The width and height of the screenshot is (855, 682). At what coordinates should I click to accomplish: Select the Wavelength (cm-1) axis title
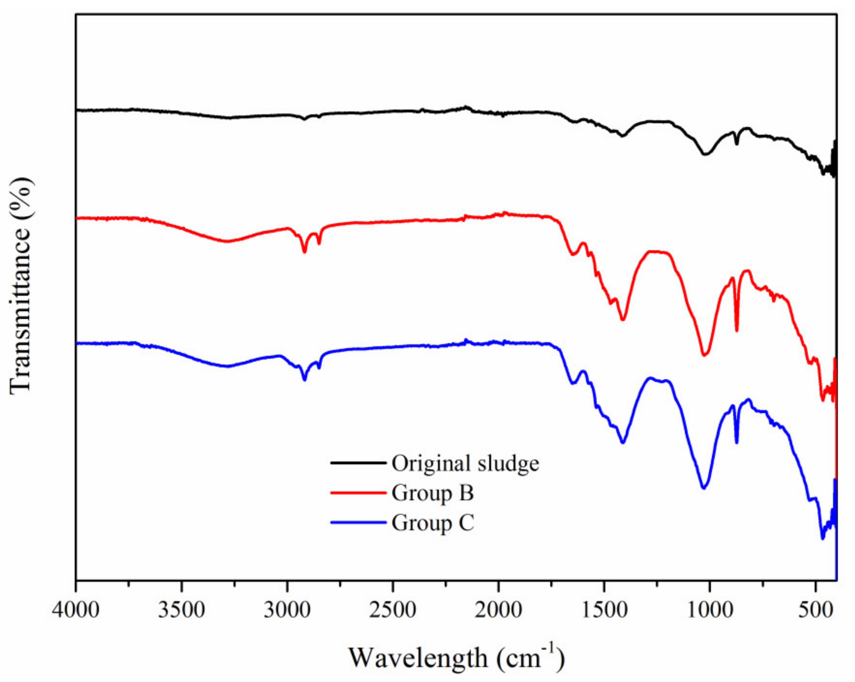coord(456,658)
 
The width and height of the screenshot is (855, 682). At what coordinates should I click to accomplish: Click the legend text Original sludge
coord(465,463)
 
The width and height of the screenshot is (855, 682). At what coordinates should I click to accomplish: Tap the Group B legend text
coord(433,493)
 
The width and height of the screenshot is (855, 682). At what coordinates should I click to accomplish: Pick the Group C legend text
coord(433,523)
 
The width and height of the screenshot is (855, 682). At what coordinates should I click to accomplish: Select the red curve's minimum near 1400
coord(623,319)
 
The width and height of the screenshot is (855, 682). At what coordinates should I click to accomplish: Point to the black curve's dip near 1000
coord(705,154)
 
